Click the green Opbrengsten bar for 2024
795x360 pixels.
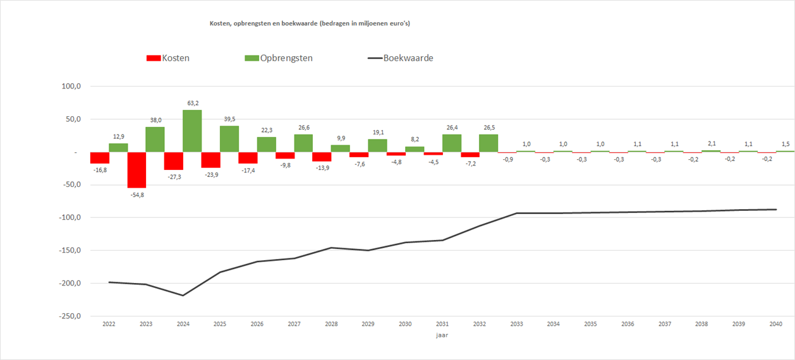coord(192,131)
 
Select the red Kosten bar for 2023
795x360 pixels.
coord(137,170)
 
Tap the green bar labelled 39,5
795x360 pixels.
coord(229,139)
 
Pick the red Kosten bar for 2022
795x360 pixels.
coord(99,158)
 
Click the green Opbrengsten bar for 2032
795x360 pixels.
coord(489,143)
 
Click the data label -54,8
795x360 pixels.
coord(137,195)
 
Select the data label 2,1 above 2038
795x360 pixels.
coord(711,143)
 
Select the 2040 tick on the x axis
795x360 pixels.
coord(776,324)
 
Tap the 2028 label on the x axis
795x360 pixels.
coord(331,324)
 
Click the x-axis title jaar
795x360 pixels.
coord(442,336)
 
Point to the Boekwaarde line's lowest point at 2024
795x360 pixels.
coord(183,296)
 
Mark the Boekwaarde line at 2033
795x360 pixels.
coord(516,213)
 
